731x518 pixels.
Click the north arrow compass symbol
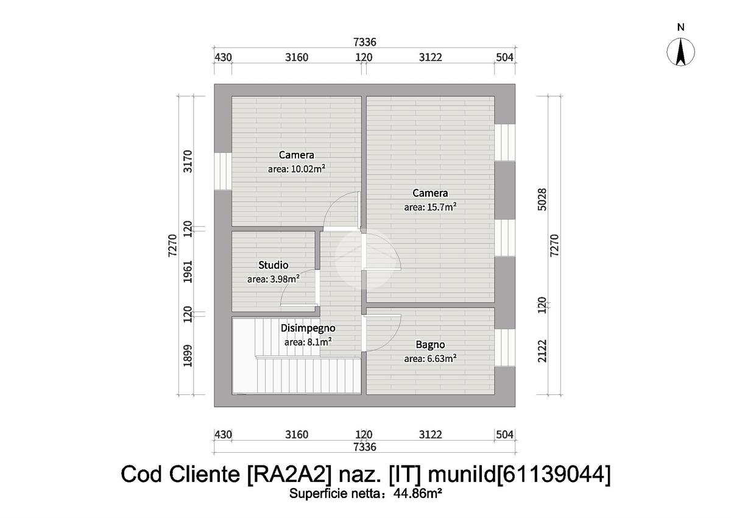pos(681,52)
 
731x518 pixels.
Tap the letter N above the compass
pos(681,27)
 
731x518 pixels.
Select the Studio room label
pos(273,265)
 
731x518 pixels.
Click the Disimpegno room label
pos(308,328)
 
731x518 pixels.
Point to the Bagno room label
pos(430,344)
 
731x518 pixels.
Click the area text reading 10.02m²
pos(296,169)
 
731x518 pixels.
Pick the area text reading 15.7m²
pos(431,207)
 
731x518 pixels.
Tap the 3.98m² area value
pos(273,279)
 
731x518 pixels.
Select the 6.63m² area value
pos(431,358)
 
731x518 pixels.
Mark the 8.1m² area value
pos(308,342)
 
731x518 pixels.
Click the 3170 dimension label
pos(188,161)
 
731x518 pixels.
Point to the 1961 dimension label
pos(188,272)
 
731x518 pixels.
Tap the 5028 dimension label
pos(543,199)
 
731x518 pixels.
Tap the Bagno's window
pos(505,347)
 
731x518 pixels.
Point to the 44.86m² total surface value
pos(418,494)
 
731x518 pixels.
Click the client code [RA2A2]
pos(279,474)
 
